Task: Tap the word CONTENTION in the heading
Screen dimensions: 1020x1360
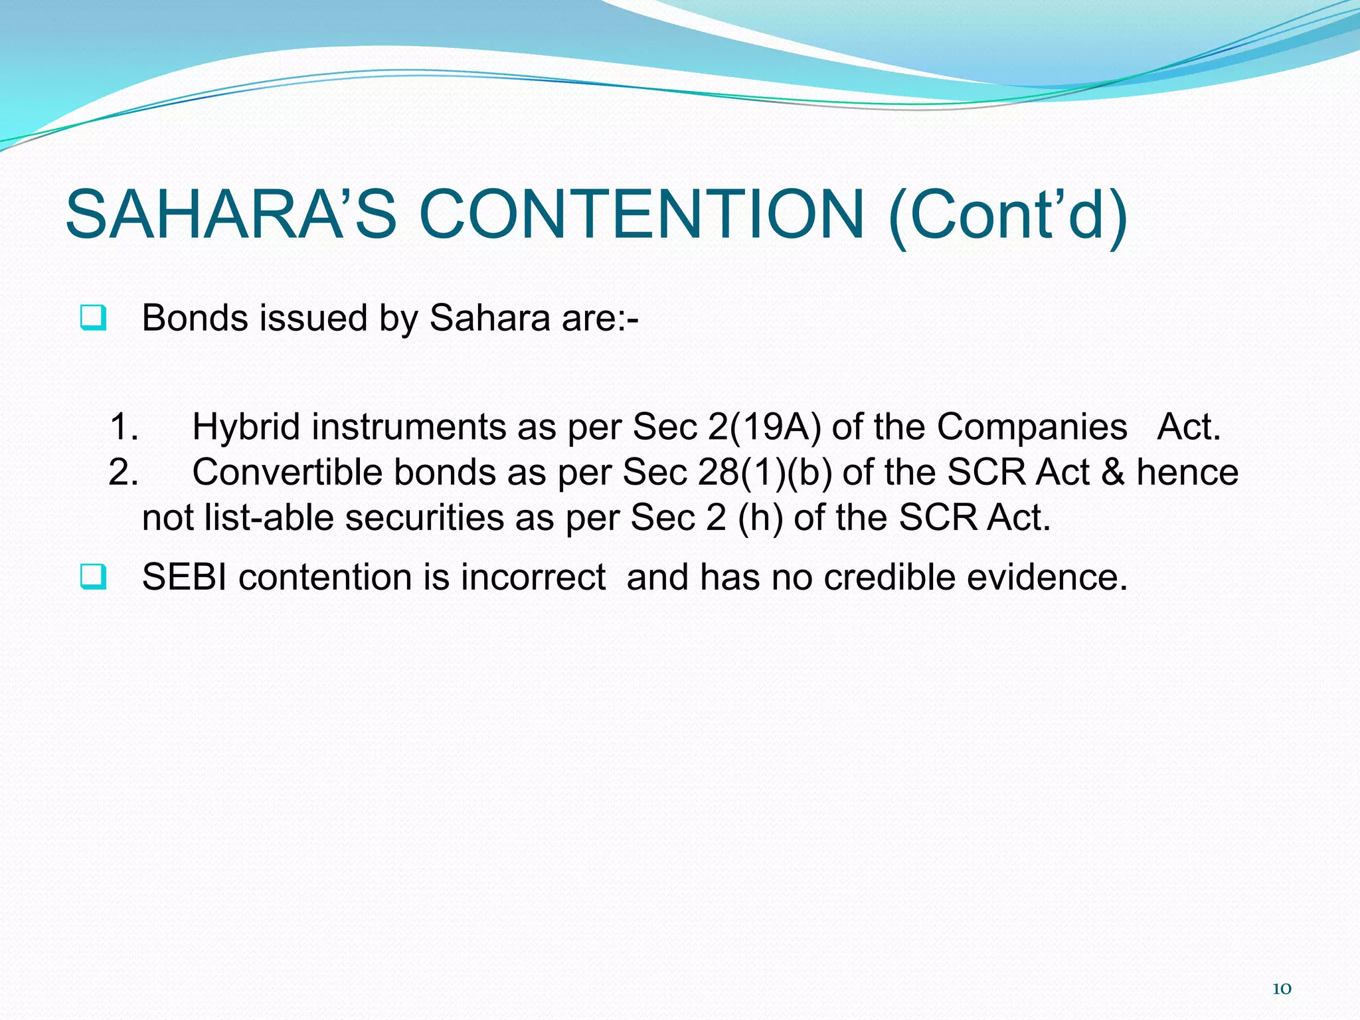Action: click(x=642, y=214)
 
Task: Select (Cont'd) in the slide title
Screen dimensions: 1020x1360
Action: click(x=1007, y=216)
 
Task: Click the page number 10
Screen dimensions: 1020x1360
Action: click(x=1281, y=989)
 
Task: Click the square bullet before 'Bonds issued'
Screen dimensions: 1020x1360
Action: click(x=92, y=317)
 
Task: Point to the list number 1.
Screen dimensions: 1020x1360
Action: click(x=124, y=426)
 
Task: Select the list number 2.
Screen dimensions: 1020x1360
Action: click(x=124, y=472)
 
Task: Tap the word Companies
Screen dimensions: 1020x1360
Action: click(x=1032, y=426)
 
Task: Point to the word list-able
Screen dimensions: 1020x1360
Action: click(x=269, y=517)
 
